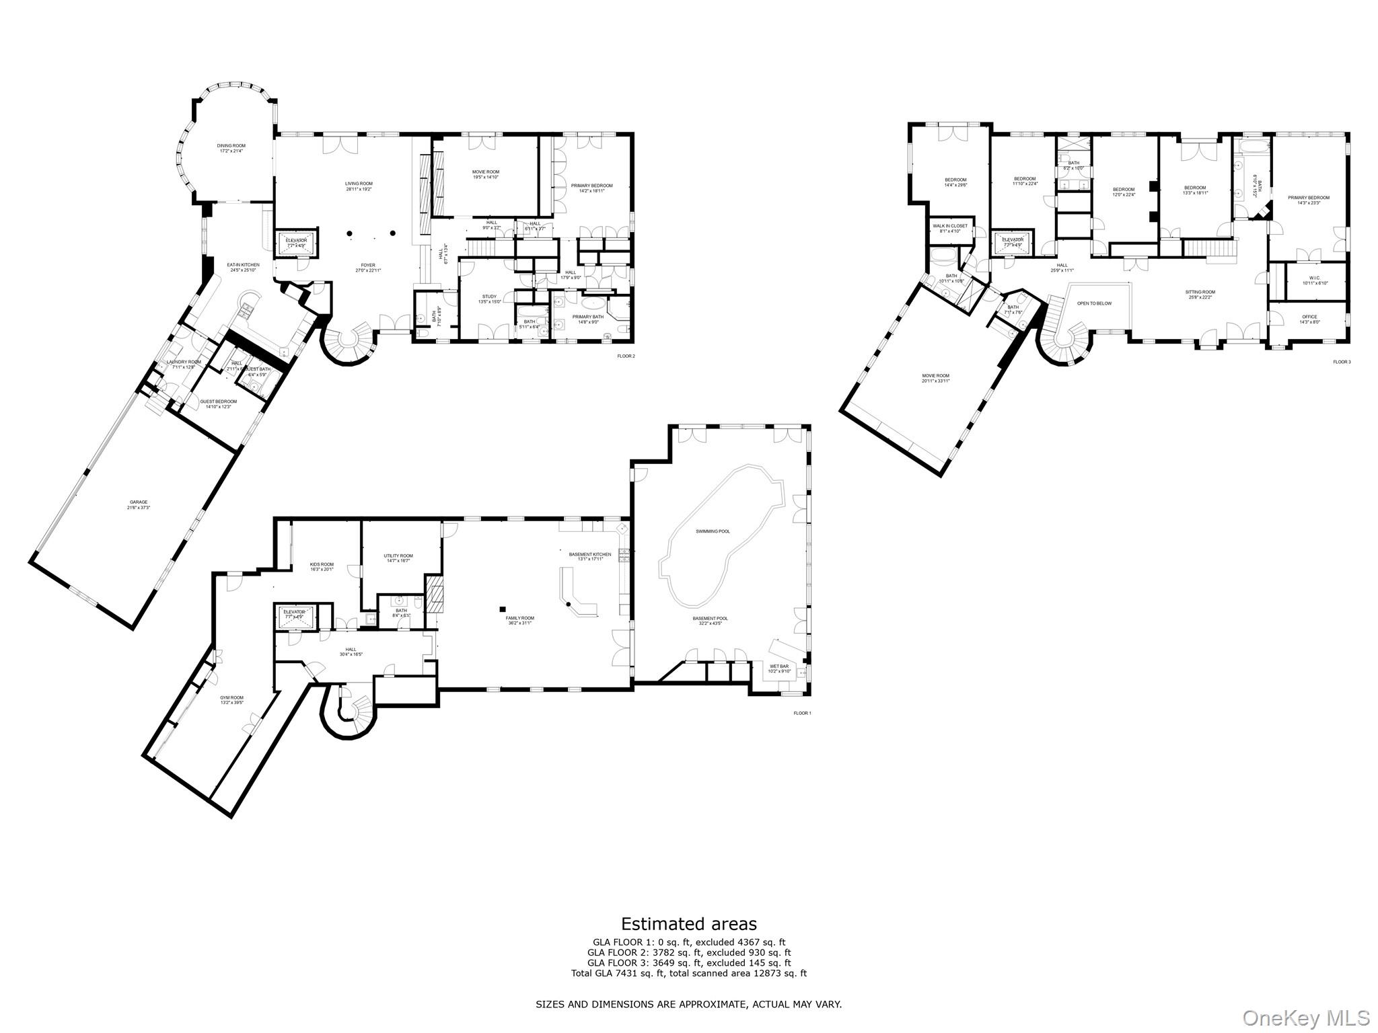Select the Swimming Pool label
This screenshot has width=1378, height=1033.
(713, 531)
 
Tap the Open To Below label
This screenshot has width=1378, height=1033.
(1094, 303)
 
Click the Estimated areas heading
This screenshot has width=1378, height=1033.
(688, 923)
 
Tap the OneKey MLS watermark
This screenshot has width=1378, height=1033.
(1305, 1018)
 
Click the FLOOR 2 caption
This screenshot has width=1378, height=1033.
(625, 356)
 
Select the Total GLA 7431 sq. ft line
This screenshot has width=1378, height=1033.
(688, 973)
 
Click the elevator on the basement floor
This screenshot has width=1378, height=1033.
(294, 614)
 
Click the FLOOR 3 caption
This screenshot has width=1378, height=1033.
(1341, 362)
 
